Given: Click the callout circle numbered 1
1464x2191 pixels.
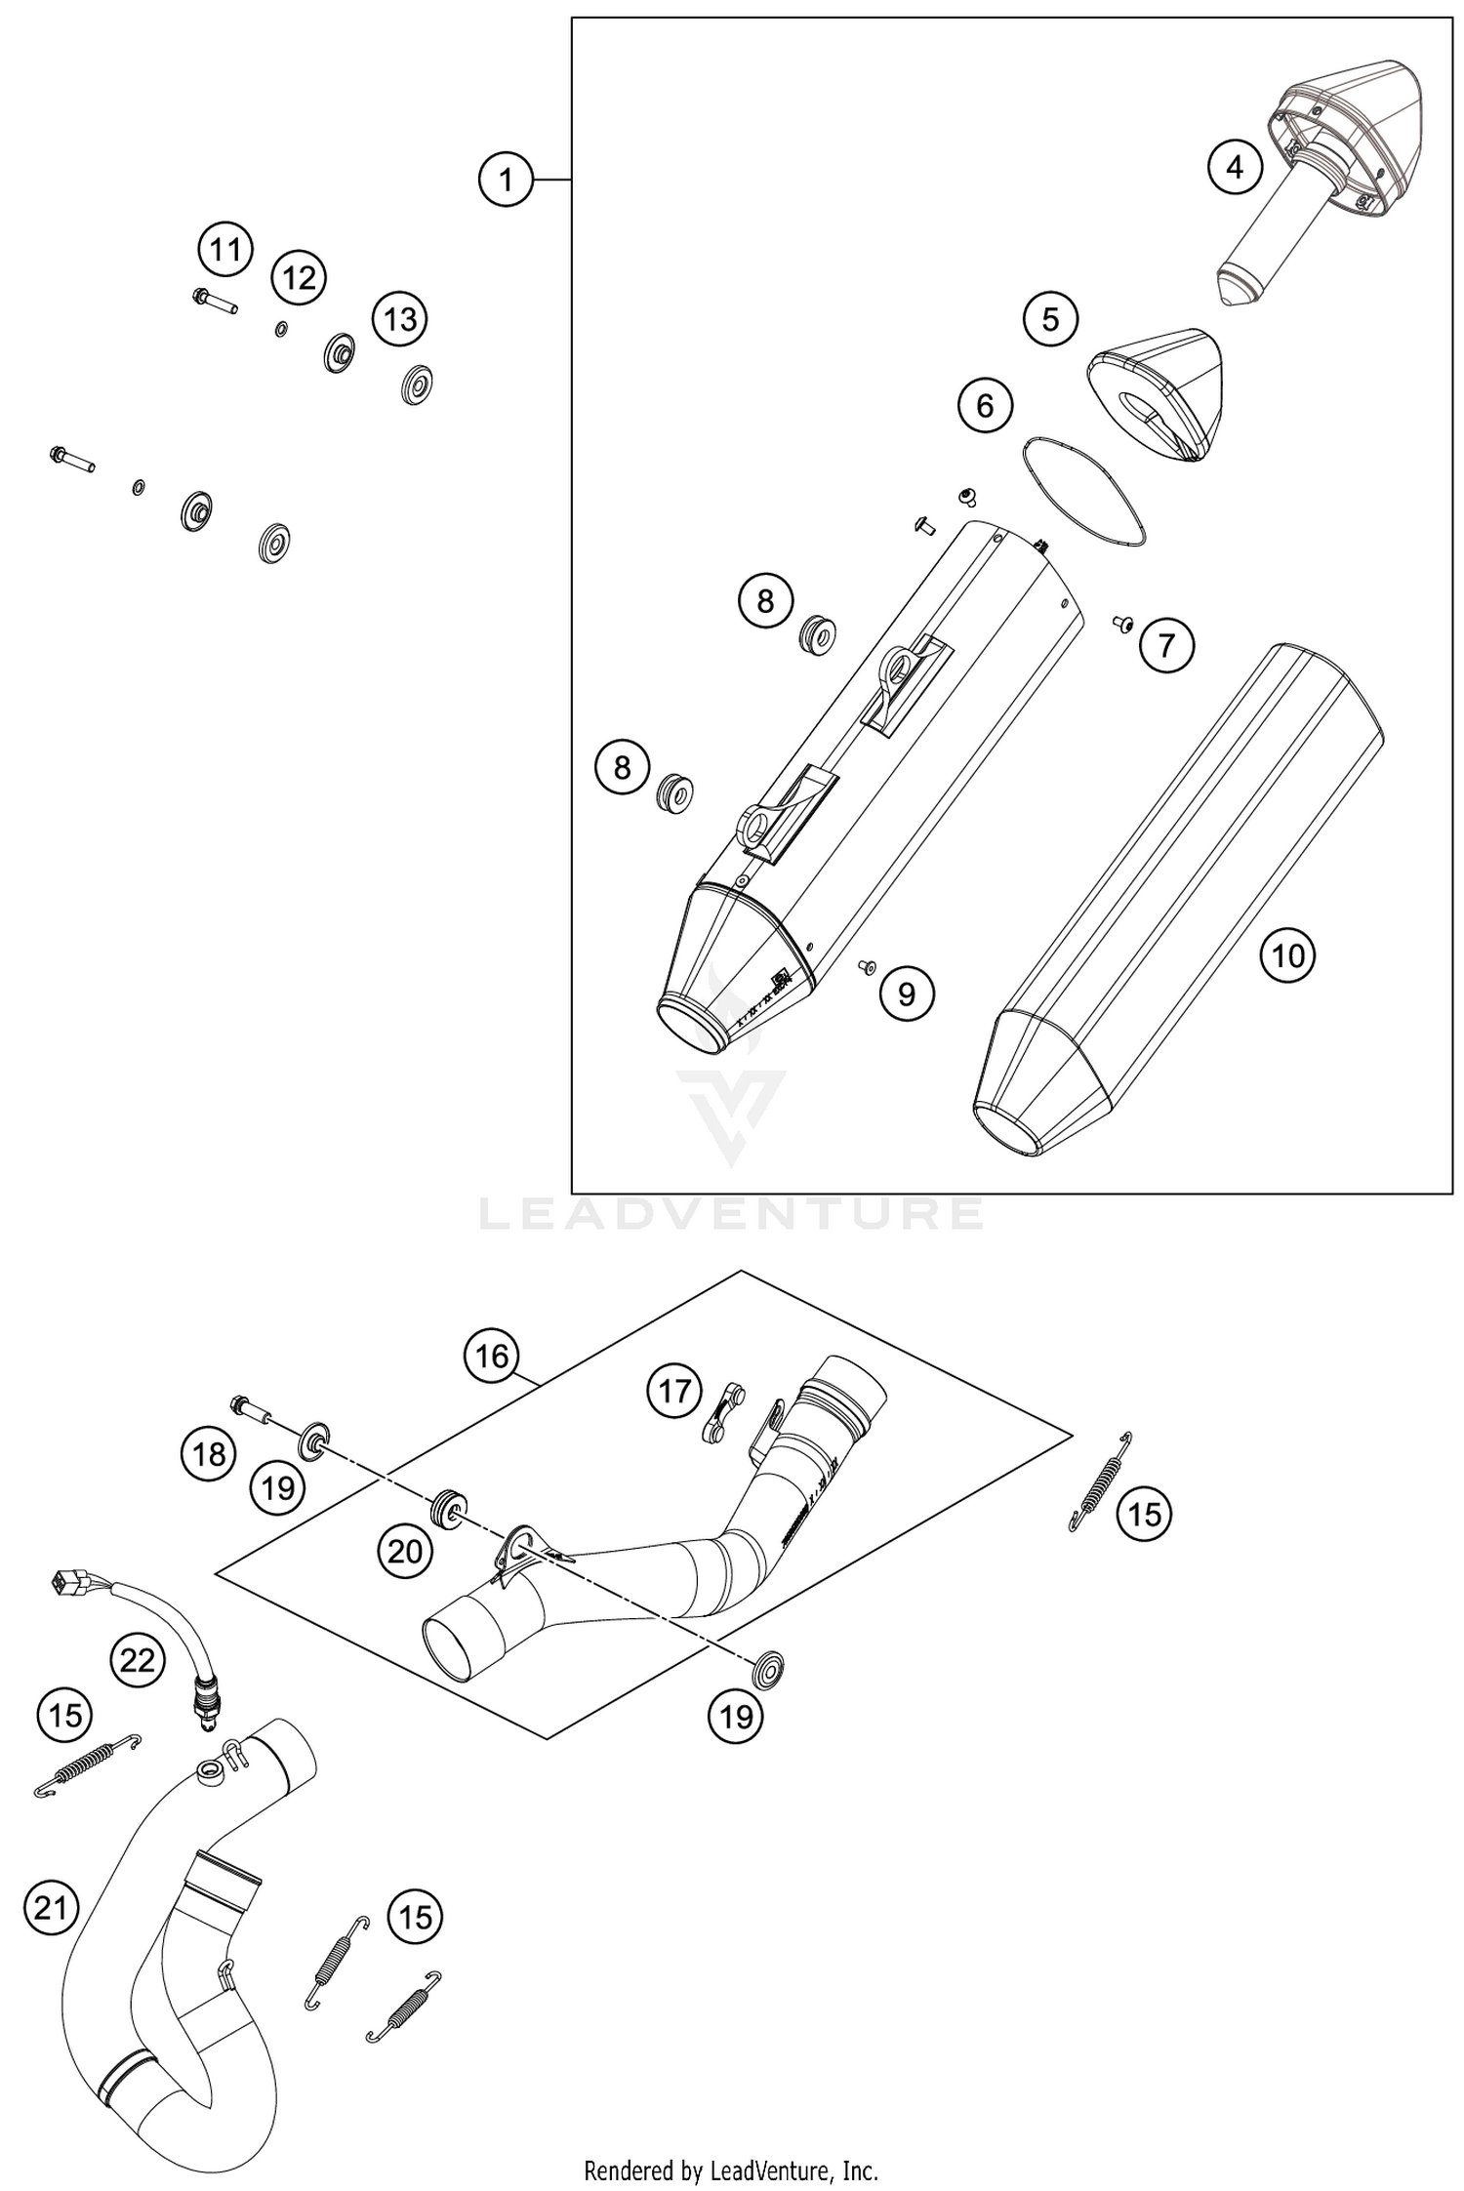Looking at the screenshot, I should click(506, 180).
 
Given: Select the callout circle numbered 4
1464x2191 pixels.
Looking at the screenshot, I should click(1235, 168).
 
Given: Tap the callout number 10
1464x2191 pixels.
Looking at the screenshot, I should click(1287, 955).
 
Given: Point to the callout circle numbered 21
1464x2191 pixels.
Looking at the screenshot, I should click(51, 1906).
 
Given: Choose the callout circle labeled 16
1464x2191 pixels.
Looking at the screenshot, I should click(492, 1356).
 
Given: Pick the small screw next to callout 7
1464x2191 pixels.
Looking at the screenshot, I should click(1122, 621).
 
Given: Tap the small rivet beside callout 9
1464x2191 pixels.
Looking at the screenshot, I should click(865, 966).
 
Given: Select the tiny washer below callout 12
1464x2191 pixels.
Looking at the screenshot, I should click(281, 329).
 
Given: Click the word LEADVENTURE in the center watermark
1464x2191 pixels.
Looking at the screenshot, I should click(731, 1213).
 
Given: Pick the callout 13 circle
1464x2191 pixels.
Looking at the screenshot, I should click(400, 319).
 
